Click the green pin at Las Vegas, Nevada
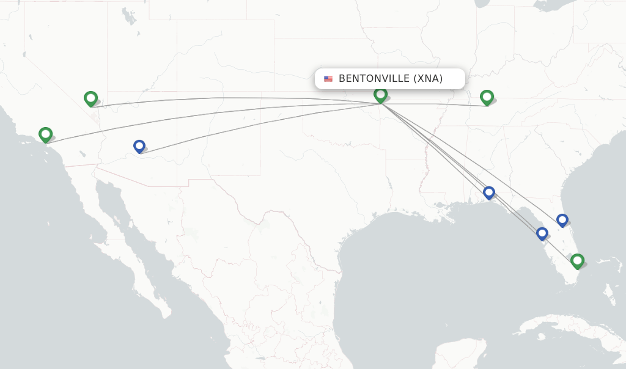coord(90,98)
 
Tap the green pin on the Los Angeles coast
coord(45,134)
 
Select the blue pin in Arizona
coord(139,146)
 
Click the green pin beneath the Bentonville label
coord(380,95)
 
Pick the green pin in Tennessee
coord(487,97)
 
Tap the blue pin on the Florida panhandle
coord(488,192)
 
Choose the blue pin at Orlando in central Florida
coord(562,220)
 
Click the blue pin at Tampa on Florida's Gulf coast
coord(542,233)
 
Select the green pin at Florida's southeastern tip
coord(577,261)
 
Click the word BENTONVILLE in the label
coord(374,79)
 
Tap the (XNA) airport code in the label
coord(428,79)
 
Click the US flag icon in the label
coord(328,79)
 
